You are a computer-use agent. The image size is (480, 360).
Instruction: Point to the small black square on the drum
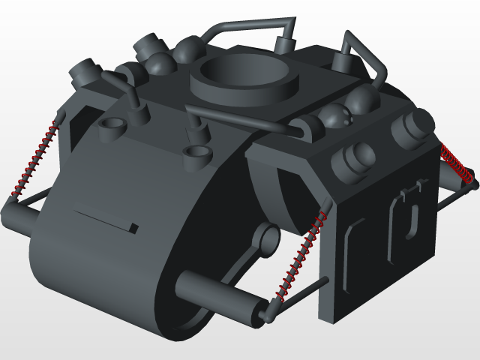pos(133,227)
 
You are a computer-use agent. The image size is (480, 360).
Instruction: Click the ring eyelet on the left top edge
pos(111,126)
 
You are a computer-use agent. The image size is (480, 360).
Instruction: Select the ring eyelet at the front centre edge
pos(197,154)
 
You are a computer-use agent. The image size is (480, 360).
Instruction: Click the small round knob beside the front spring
pos(265,239)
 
